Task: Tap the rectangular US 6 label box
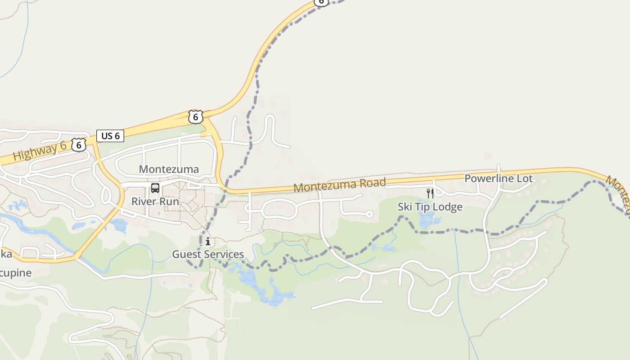[x=110, y=136]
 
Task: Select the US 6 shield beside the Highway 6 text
[x=79, y=145]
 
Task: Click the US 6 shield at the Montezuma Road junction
[x=196, y=117]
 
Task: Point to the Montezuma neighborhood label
[x=169, y=169]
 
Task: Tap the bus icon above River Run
[x=155, y=188]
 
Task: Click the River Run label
[x=155, y=201]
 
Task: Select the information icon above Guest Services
[x=208, y=242]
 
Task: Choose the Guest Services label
[x=208, y=254]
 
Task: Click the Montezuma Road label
[x=340, y=184]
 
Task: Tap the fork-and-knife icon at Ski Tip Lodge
[x=430, y=193]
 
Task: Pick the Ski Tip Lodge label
[x=430, y=207]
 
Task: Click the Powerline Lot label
[x=498, y=178]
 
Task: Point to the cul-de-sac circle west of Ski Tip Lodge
[x=369, y=214]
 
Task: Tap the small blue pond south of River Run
[x=119, y=225]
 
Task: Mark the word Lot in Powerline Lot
[x=524, y=178]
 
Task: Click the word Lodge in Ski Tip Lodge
[x=447, y=207]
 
